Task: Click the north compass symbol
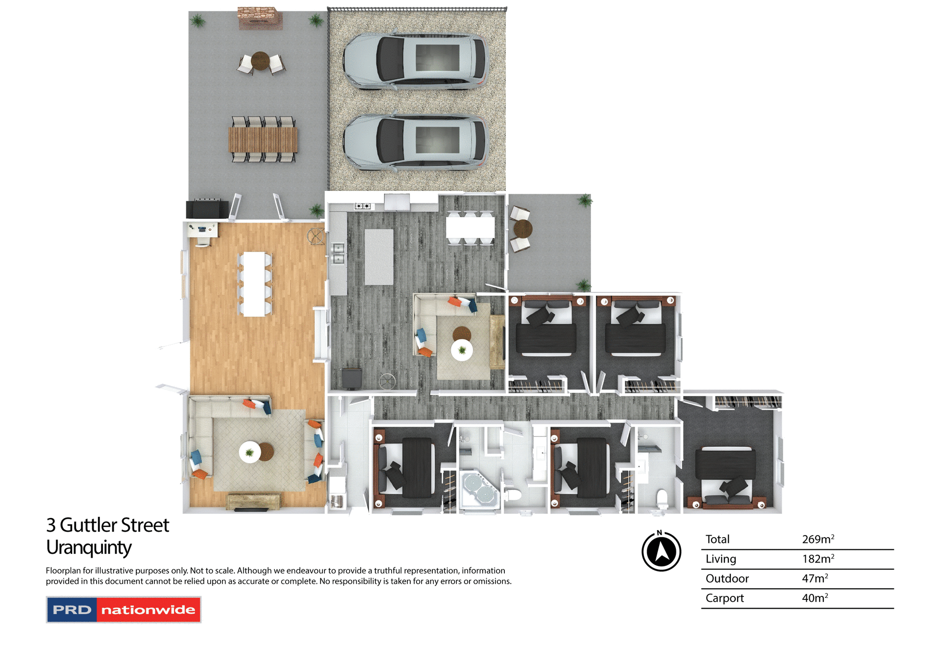661,551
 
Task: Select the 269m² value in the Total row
817,539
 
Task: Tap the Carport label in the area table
724,598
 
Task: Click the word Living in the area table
720,559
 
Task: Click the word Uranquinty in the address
89,547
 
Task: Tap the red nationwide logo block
148,610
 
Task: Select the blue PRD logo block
72,610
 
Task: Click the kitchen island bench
379,257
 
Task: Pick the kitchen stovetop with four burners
363,206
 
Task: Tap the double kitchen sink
338,253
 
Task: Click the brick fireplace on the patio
260,19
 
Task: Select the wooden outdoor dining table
263,139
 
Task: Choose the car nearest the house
415,142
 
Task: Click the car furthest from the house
415,60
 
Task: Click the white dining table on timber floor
254,283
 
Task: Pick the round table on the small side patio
523,229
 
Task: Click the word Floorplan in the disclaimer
63,570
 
